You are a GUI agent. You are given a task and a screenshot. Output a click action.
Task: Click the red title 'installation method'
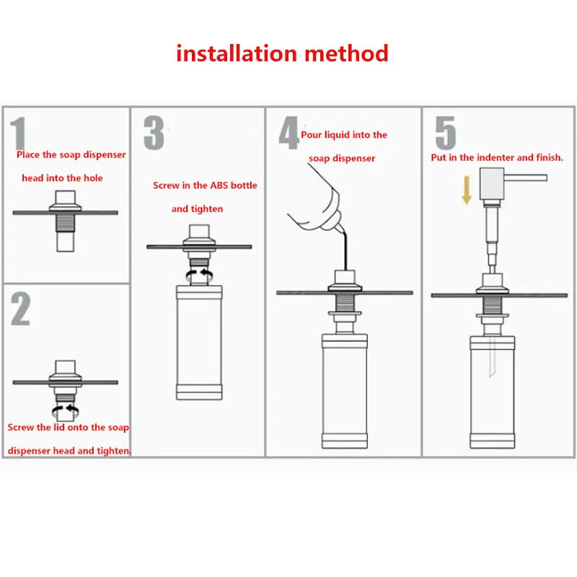[x=282, y=53]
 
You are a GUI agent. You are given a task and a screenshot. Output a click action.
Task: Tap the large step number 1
[x=19, y=136]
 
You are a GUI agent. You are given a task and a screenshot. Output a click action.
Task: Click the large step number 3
[x=153, y=133]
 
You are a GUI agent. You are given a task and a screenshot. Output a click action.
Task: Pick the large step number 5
[x=445, y=133]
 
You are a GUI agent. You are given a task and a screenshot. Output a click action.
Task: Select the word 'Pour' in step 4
[x=312, y=135]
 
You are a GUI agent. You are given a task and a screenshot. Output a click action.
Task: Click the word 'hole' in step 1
[x=92, y=178]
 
